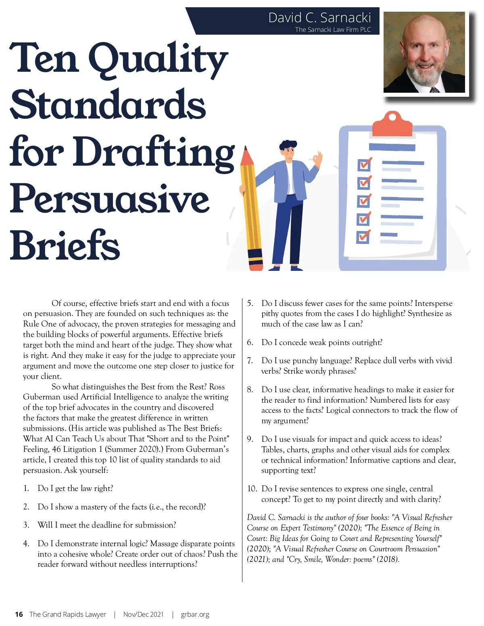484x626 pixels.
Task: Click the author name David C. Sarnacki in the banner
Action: point(319,18)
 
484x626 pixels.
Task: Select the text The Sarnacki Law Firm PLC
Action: point(333,29)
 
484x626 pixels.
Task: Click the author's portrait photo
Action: point(424,52)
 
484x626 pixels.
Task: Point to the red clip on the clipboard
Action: point(392,124)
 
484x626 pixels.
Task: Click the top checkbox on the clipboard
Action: point(364,165)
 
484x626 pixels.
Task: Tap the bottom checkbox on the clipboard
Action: point(363,237)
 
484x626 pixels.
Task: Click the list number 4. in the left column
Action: point(26,544)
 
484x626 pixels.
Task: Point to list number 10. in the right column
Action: point(252,489)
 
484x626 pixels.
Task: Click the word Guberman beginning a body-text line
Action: point(42,397)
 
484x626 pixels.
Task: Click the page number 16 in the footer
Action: point(19,614)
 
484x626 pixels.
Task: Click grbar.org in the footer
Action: point(195,614)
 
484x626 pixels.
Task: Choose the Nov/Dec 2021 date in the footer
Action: point(143,614)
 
